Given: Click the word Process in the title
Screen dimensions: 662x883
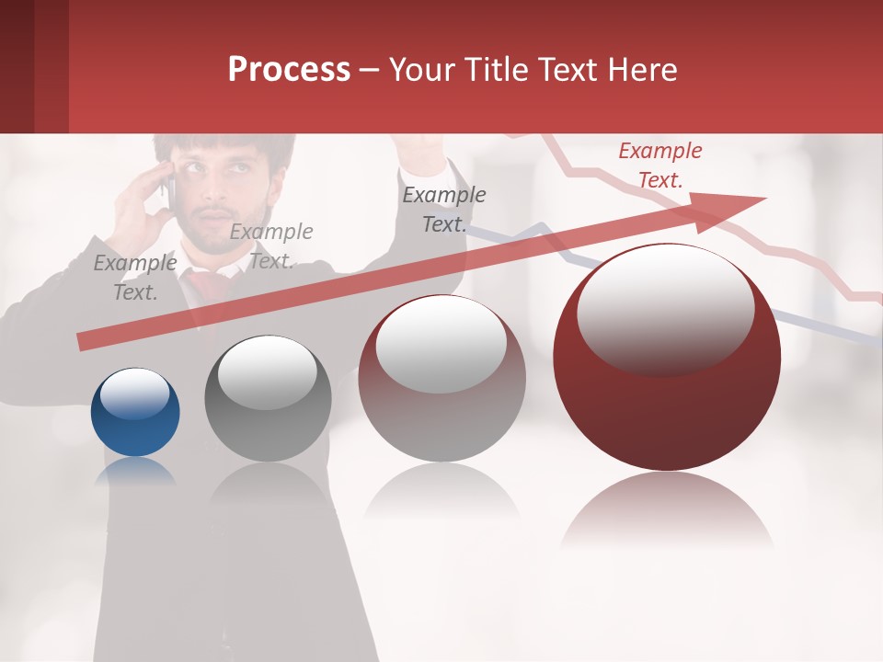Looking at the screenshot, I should coord(289,69).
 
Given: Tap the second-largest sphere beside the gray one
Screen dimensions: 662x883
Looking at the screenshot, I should coord(441,378).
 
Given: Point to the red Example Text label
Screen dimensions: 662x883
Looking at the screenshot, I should coord(659,165).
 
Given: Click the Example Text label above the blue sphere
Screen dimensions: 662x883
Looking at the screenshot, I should coord(135,278).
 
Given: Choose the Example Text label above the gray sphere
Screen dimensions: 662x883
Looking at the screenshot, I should coord(270,246).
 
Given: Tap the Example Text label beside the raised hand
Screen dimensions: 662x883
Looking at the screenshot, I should coord(444,209).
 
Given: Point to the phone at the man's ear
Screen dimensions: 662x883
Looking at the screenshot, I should coord(169,184).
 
